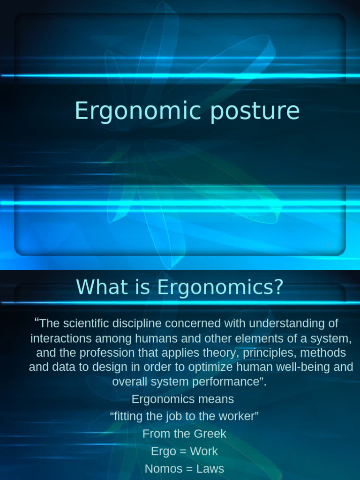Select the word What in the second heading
click(97, 287)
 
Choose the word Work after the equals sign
click(204, 451)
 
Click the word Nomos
click(160, 468)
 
